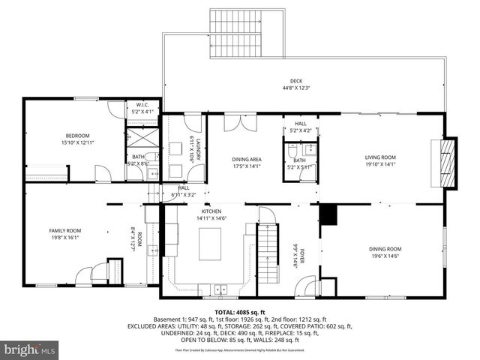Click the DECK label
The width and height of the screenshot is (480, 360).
[296, 82]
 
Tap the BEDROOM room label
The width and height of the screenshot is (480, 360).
[56, 136]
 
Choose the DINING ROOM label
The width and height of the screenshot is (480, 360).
[384, 249]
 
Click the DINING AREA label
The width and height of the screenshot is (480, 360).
[246, 160]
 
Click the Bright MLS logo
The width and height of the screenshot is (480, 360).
[30, 349]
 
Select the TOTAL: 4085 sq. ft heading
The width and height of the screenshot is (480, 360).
[240, 313]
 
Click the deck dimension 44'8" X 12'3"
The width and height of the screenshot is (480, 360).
[296, 88]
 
